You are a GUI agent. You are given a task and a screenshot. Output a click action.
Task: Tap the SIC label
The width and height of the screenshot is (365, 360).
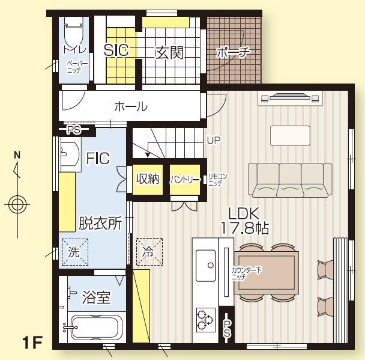116,50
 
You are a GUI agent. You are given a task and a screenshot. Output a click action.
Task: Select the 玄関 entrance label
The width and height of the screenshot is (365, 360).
169,53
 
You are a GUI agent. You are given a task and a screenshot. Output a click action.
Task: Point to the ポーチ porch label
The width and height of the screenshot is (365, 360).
233,52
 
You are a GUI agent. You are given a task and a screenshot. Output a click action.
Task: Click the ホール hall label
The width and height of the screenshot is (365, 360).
131,107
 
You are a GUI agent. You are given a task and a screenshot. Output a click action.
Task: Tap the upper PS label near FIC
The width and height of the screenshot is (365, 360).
74,130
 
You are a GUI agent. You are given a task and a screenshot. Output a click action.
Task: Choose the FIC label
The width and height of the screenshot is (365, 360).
98,159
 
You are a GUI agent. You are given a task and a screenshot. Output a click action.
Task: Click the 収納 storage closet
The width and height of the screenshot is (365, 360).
148,180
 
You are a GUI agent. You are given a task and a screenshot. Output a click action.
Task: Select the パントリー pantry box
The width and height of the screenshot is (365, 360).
185,180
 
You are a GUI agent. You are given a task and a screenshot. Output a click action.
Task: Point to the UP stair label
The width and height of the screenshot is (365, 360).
214,140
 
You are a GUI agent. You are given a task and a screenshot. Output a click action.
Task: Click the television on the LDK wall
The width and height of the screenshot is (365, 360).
290,97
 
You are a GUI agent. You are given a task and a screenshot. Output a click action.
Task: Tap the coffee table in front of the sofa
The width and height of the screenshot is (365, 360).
290,136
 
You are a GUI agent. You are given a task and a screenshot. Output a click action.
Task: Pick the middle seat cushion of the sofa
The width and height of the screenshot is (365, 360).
290,191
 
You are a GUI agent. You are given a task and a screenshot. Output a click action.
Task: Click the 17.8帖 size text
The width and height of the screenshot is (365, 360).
244,228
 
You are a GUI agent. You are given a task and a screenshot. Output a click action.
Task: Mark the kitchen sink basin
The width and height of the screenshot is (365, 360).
205,266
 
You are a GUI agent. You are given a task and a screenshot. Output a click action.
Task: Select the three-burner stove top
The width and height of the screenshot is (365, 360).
206,320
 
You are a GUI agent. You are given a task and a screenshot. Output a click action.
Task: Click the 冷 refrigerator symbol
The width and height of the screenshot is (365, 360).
149,252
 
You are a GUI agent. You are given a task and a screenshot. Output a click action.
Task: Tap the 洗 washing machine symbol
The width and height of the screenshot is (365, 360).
74,252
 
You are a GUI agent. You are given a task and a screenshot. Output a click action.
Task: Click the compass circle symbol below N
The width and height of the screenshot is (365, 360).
17,205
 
